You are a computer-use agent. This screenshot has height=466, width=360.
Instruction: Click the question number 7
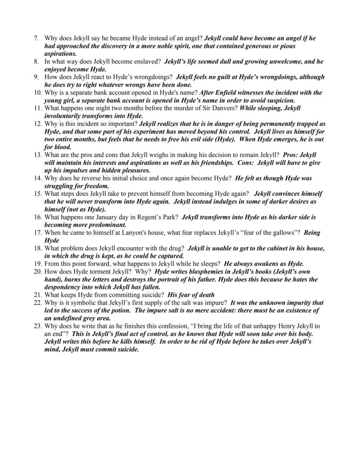point(37,38)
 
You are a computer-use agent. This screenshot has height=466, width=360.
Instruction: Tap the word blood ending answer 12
point(62,148)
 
